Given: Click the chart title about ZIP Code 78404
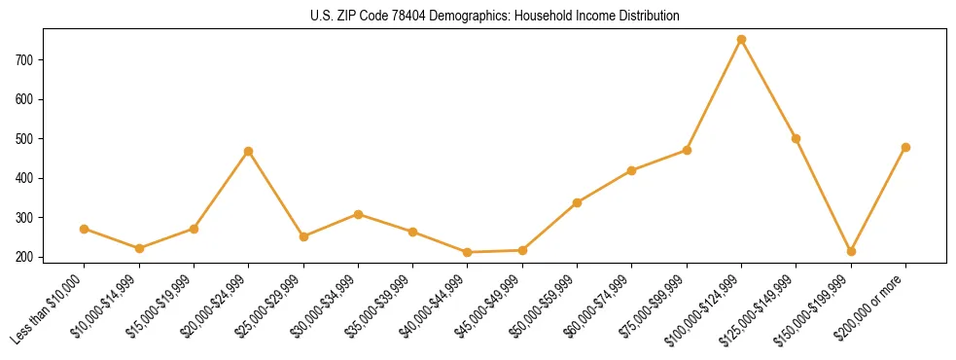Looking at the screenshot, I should click(x=478, y=16).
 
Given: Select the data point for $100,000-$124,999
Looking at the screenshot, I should click(x=741, y=40).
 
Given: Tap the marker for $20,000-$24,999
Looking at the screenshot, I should click(x=249, y=152).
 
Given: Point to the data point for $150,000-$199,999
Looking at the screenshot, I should click(x=851, y=251).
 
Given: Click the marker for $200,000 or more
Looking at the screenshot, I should click(x=905, y=148).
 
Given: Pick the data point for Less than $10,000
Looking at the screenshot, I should click(x=85, y=229).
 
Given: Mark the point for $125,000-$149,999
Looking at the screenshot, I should click(x=796, y=138).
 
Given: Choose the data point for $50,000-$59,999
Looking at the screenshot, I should click(x=577, y=202).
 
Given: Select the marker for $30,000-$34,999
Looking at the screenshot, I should click(x=358, y=214).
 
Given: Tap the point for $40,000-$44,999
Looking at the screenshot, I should click(x=468, y=252).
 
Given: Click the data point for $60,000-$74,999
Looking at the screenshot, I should click(x=631, y=170).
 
